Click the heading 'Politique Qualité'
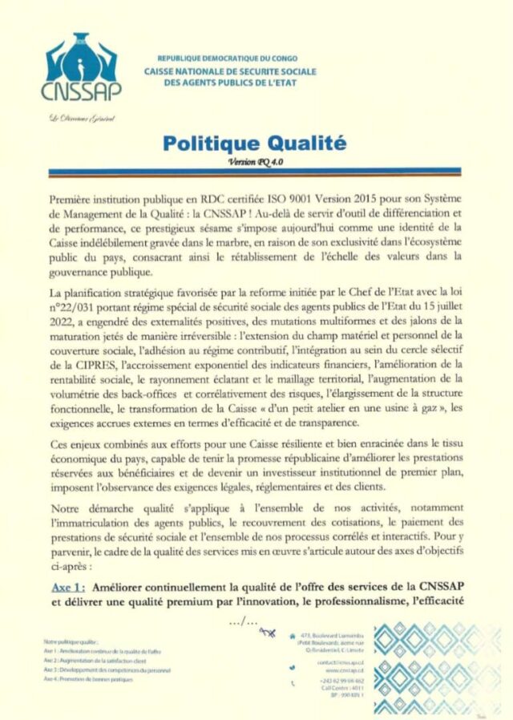(x=254, y=144)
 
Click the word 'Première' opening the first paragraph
(x=75, y=197)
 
